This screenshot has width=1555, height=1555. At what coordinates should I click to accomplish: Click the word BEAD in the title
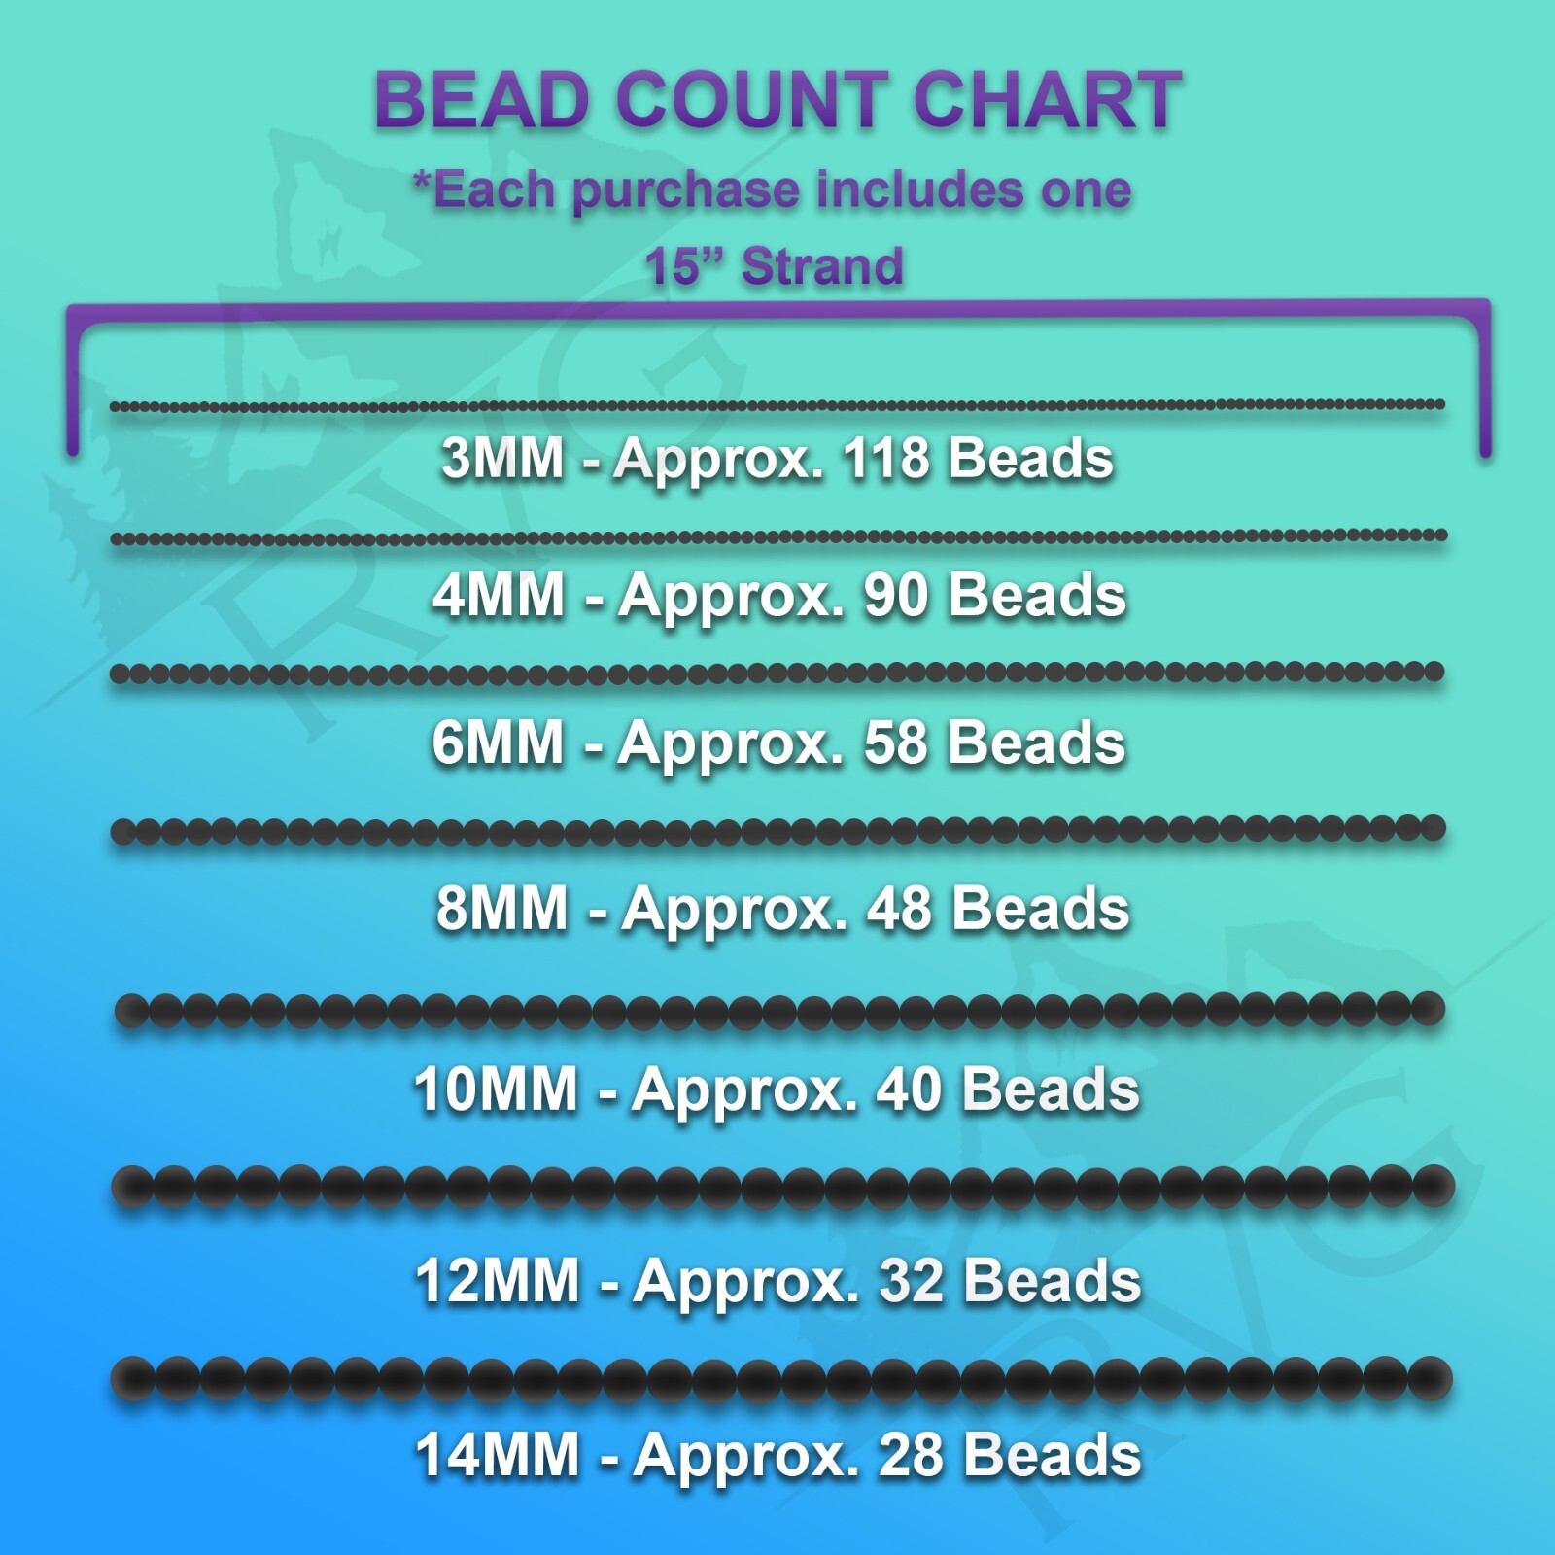483,100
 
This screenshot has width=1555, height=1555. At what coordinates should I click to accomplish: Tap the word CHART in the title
1048,100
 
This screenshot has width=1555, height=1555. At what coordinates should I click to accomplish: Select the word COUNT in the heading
752,100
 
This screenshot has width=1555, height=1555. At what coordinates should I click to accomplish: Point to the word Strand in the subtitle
822,266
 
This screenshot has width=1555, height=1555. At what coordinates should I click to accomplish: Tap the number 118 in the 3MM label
885,458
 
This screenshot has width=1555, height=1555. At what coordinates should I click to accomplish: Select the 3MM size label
502,458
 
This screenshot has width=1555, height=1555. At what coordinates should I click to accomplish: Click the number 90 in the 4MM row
896,595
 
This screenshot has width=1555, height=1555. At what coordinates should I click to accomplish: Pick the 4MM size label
499,595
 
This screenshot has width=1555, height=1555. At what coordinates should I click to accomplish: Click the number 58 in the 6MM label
896,743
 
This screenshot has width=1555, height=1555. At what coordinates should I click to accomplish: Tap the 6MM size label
499,743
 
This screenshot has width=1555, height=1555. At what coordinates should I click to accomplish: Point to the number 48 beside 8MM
900,909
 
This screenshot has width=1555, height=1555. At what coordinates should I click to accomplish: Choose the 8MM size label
502,909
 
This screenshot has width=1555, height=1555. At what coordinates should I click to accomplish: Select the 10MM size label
497,1088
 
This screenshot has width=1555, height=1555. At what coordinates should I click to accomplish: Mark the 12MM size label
498,1281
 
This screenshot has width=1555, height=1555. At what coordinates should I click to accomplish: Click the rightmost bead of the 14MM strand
1430,1378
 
